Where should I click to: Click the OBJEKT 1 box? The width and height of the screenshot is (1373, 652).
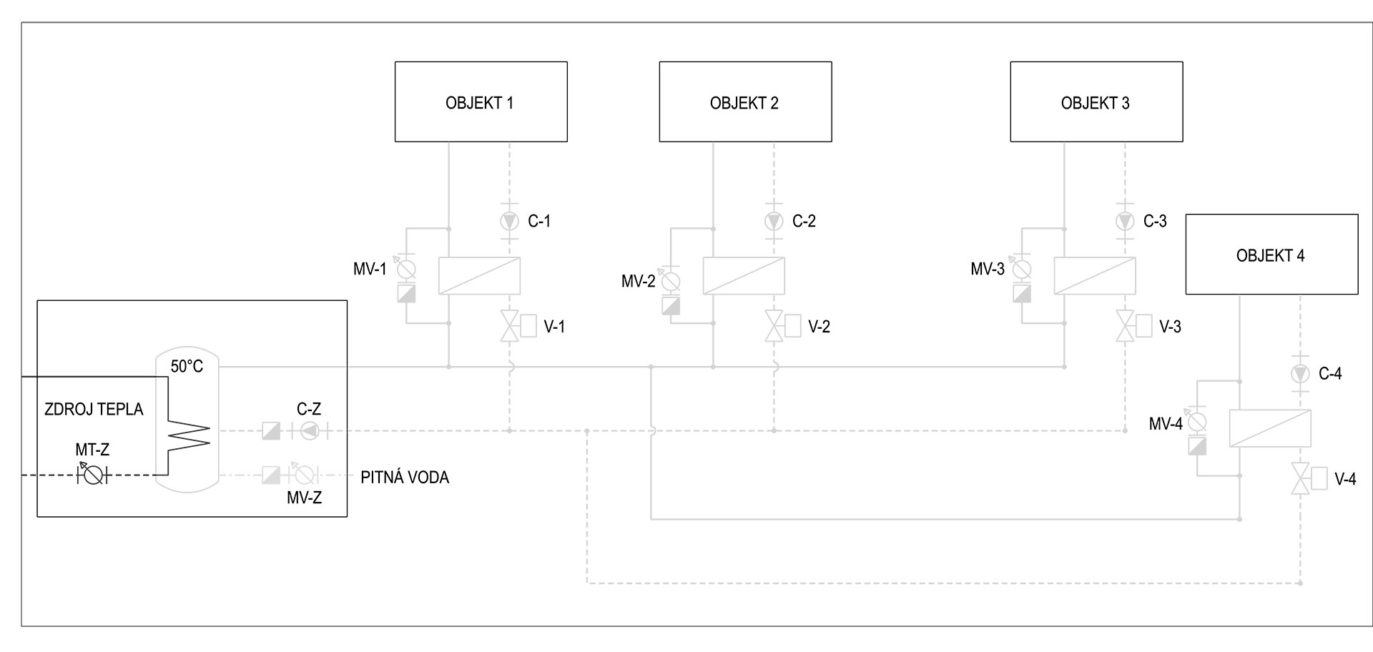pos(481,102)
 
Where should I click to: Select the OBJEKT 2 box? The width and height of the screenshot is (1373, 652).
pos(745,102)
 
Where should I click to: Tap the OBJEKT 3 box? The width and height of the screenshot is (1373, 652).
pos(1096,102)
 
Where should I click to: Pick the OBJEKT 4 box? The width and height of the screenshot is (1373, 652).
pos(1271,255)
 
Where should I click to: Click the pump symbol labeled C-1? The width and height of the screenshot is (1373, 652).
pos(509,221)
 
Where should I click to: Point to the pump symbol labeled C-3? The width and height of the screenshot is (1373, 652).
pos(1125,221)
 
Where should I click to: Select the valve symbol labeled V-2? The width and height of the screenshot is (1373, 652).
pos(774,327)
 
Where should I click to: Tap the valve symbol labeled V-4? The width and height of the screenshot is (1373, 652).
pos(1300,479)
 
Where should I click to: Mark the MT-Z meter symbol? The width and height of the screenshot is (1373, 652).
pos(92,475)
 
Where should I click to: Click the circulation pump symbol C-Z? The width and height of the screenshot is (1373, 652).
pos(309,430)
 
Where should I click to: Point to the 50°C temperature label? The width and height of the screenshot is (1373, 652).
pos(187,367)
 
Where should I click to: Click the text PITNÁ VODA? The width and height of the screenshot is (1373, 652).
pos(405,478)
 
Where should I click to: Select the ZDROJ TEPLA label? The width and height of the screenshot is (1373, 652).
pos(94,410)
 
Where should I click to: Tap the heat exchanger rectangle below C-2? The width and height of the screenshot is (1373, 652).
pos(744,276)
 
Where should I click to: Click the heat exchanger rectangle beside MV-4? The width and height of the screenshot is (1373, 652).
pos(1270,428)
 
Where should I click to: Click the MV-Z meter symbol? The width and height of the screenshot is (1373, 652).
pos(304,475)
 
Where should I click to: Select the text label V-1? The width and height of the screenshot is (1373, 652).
pos(554,327)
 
